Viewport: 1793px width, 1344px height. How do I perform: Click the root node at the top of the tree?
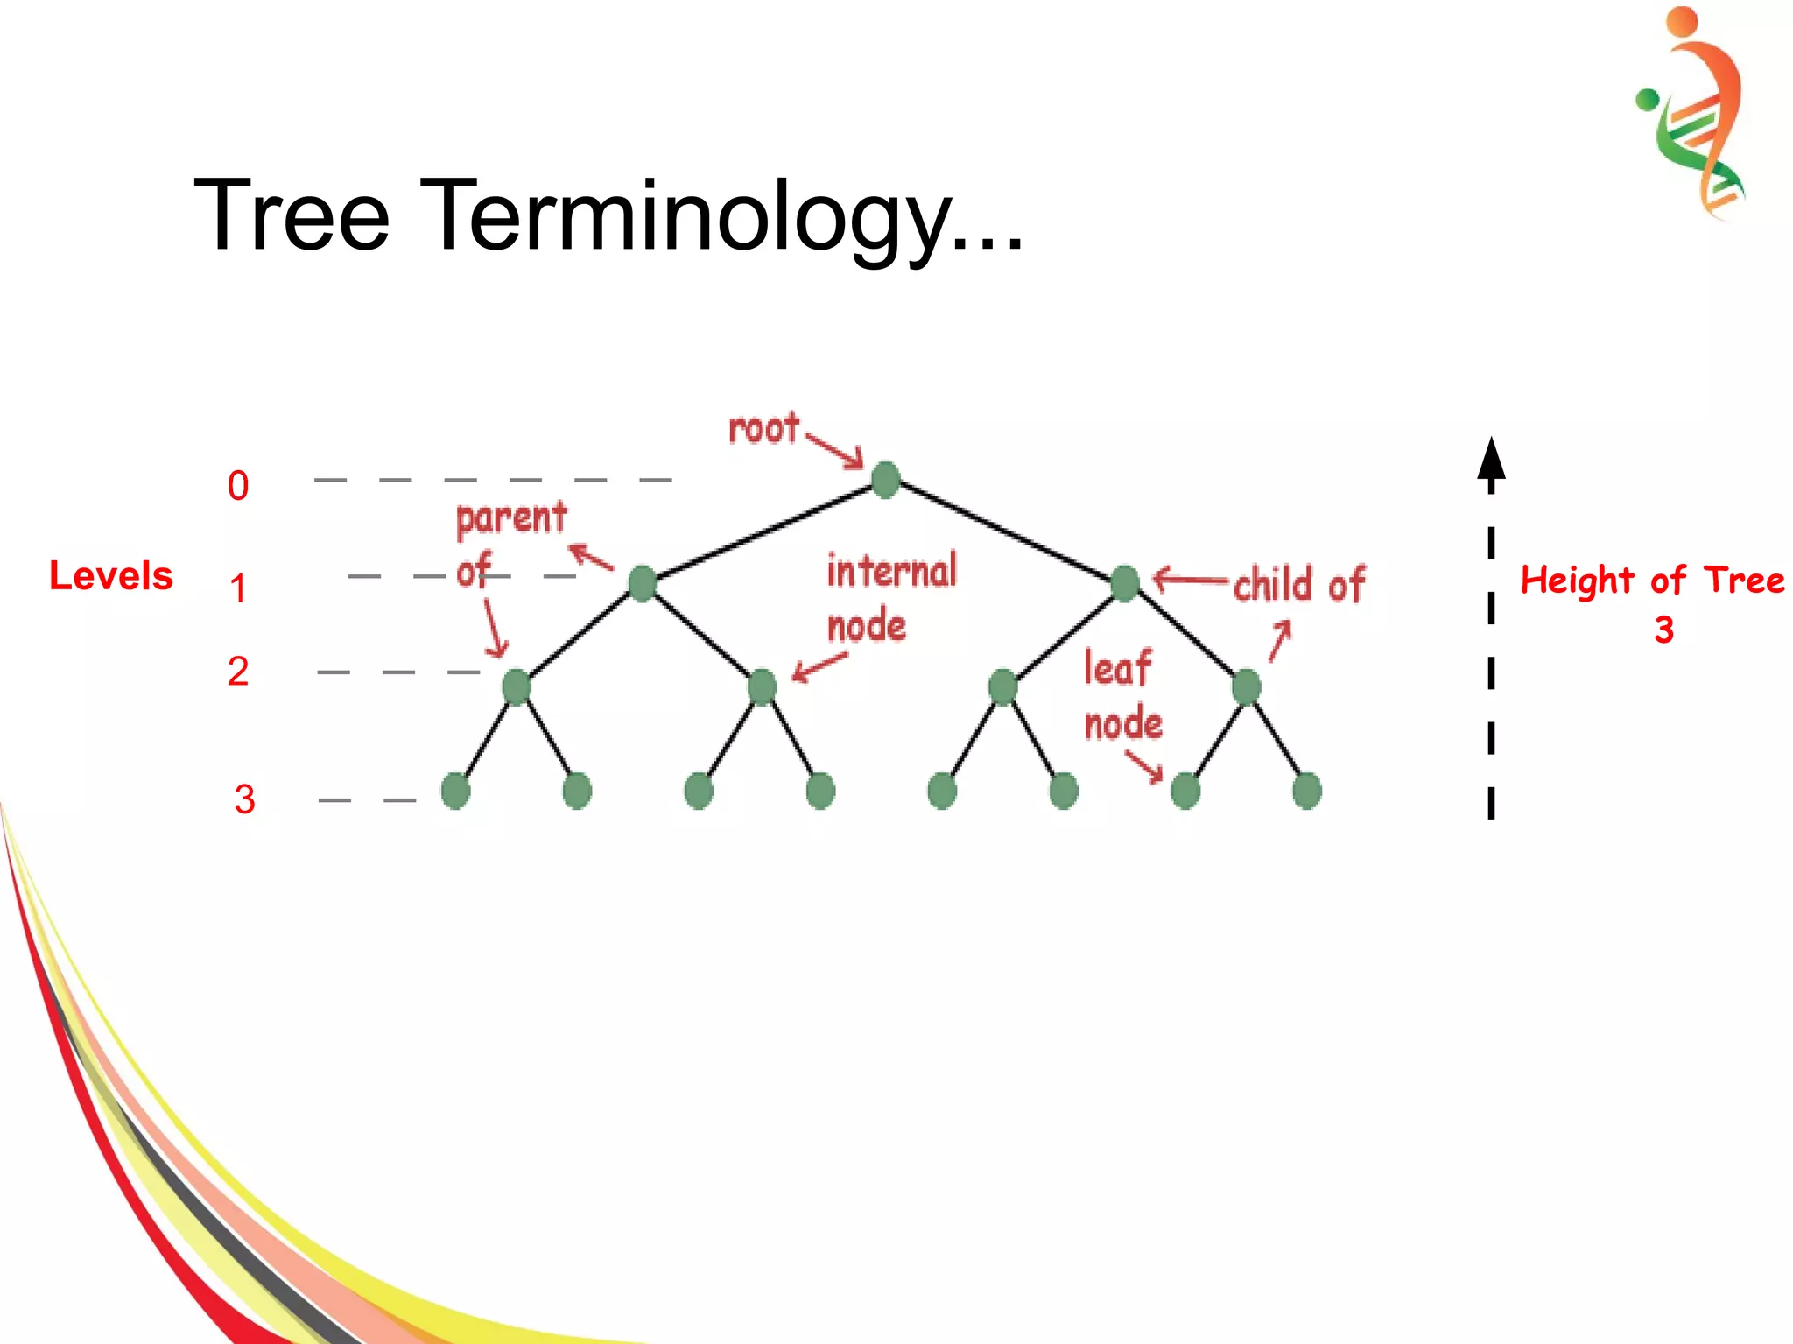pos(885,480)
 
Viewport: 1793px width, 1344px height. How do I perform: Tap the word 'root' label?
pos(763,429)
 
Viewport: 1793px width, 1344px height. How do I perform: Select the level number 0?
pos(238,486)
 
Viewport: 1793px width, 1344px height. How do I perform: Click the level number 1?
pos(238,588)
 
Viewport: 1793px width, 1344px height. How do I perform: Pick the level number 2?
pos(238,672)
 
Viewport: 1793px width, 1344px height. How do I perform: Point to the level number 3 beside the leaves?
pos(244,799)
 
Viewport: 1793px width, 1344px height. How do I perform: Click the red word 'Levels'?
pos(111,576)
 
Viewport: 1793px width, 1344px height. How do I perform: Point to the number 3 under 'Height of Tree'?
pos(1663,630)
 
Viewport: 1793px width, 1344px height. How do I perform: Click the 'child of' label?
pos(1298,584)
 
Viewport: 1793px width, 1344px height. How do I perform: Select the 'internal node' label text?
pos(890,598)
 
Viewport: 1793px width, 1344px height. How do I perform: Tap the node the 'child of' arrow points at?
pos(1124,583)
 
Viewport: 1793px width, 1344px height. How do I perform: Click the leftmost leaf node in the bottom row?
pos(455,791)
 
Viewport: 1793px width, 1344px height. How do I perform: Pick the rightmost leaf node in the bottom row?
pos(1306,791)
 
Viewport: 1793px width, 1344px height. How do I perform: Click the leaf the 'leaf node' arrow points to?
pos(1185,791)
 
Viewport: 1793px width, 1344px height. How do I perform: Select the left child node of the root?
pos(642,583)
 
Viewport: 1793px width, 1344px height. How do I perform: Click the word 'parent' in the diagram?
pos(511,517)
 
